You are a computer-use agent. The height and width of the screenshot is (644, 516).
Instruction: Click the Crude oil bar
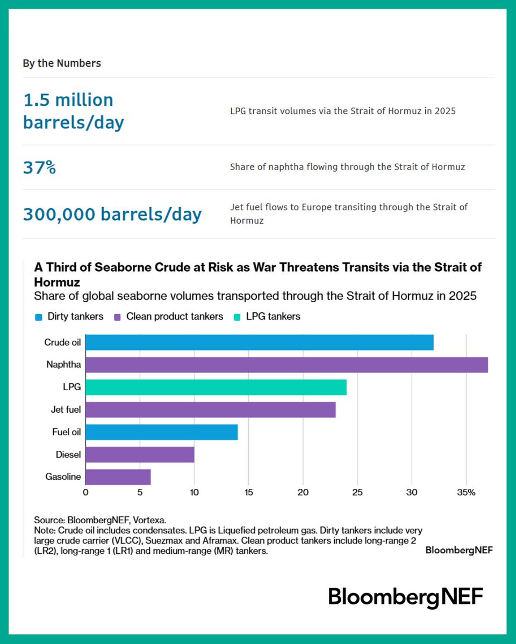259,342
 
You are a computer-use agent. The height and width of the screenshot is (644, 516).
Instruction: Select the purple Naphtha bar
286,365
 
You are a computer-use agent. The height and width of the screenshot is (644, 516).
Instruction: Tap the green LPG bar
216,387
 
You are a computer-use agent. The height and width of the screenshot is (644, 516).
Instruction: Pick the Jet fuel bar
210,410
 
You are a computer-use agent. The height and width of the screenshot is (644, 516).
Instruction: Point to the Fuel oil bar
161,432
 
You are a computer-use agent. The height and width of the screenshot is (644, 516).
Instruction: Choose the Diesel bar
140,455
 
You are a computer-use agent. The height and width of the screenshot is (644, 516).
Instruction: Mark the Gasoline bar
118,477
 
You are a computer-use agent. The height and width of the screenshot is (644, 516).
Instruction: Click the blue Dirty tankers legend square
38,317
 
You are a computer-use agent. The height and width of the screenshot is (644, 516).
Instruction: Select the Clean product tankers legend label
174,317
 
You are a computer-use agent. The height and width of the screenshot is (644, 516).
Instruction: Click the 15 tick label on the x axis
249,492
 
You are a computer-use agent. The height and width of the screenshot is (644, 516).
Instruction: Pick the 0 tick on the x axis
85,492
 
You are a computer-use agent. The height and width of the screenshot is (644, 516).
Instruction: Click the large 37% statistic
39,167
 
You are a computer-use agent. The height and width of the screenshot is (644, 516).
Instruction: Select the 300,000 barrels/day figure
112,214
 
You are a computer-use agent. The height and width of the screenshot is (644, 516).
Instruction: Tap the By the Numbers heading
61,63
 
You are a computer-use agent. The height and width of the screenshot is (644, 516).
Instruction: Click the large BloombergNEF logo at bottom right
406,597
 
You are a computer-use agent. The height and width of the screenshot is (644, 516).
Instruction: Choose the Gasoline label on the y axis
63,477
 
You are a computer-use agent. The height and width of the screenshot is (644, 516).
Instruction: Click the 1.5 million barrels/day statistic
73,111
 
